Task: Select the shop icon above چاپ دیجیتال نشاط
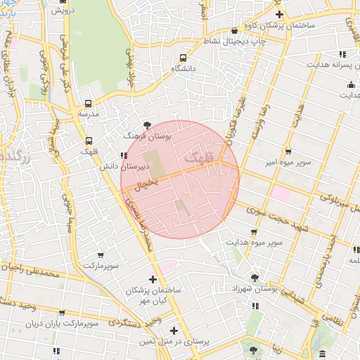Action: click(234, 30)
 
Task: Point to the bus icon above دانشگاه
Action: click(184, 58)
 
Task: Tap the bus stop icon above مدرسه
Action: click(89, 103)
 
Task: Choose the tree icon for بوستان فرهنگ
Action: click(146, 124)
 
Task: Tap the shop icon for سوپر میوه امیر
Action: click(288, 151)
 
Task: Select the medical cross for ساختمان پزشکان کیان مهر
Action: click(153, 279)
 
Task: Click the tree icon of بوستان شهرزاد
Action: click(255, 278)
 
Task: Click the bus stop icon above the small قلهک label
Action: click(89, 139)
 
